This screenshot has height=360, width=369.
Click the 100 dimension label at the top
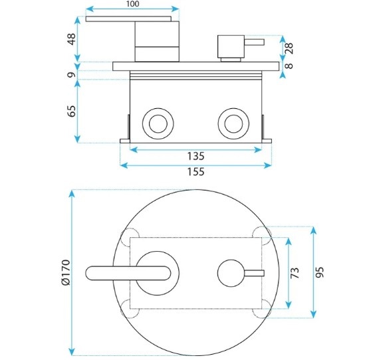point(132,4)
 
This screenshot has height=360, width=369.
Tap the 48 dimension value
point(72,39)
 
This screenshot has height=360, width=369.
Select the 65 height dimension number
point(72,111)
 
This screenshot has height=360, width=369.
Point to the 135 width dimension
point(195,156)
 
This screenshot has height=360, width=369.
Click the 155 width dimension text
point(195,172)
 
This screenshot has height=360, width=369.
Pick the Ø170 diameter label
point(66,272)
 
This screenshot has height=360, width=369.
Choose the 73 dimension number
point(295,273)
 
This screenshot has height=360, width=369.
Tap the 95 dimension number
point(320,272)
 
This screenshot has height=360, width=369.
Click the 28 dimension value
point(289,48)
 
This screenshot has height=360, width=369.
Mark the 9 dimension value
point(72,75)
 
